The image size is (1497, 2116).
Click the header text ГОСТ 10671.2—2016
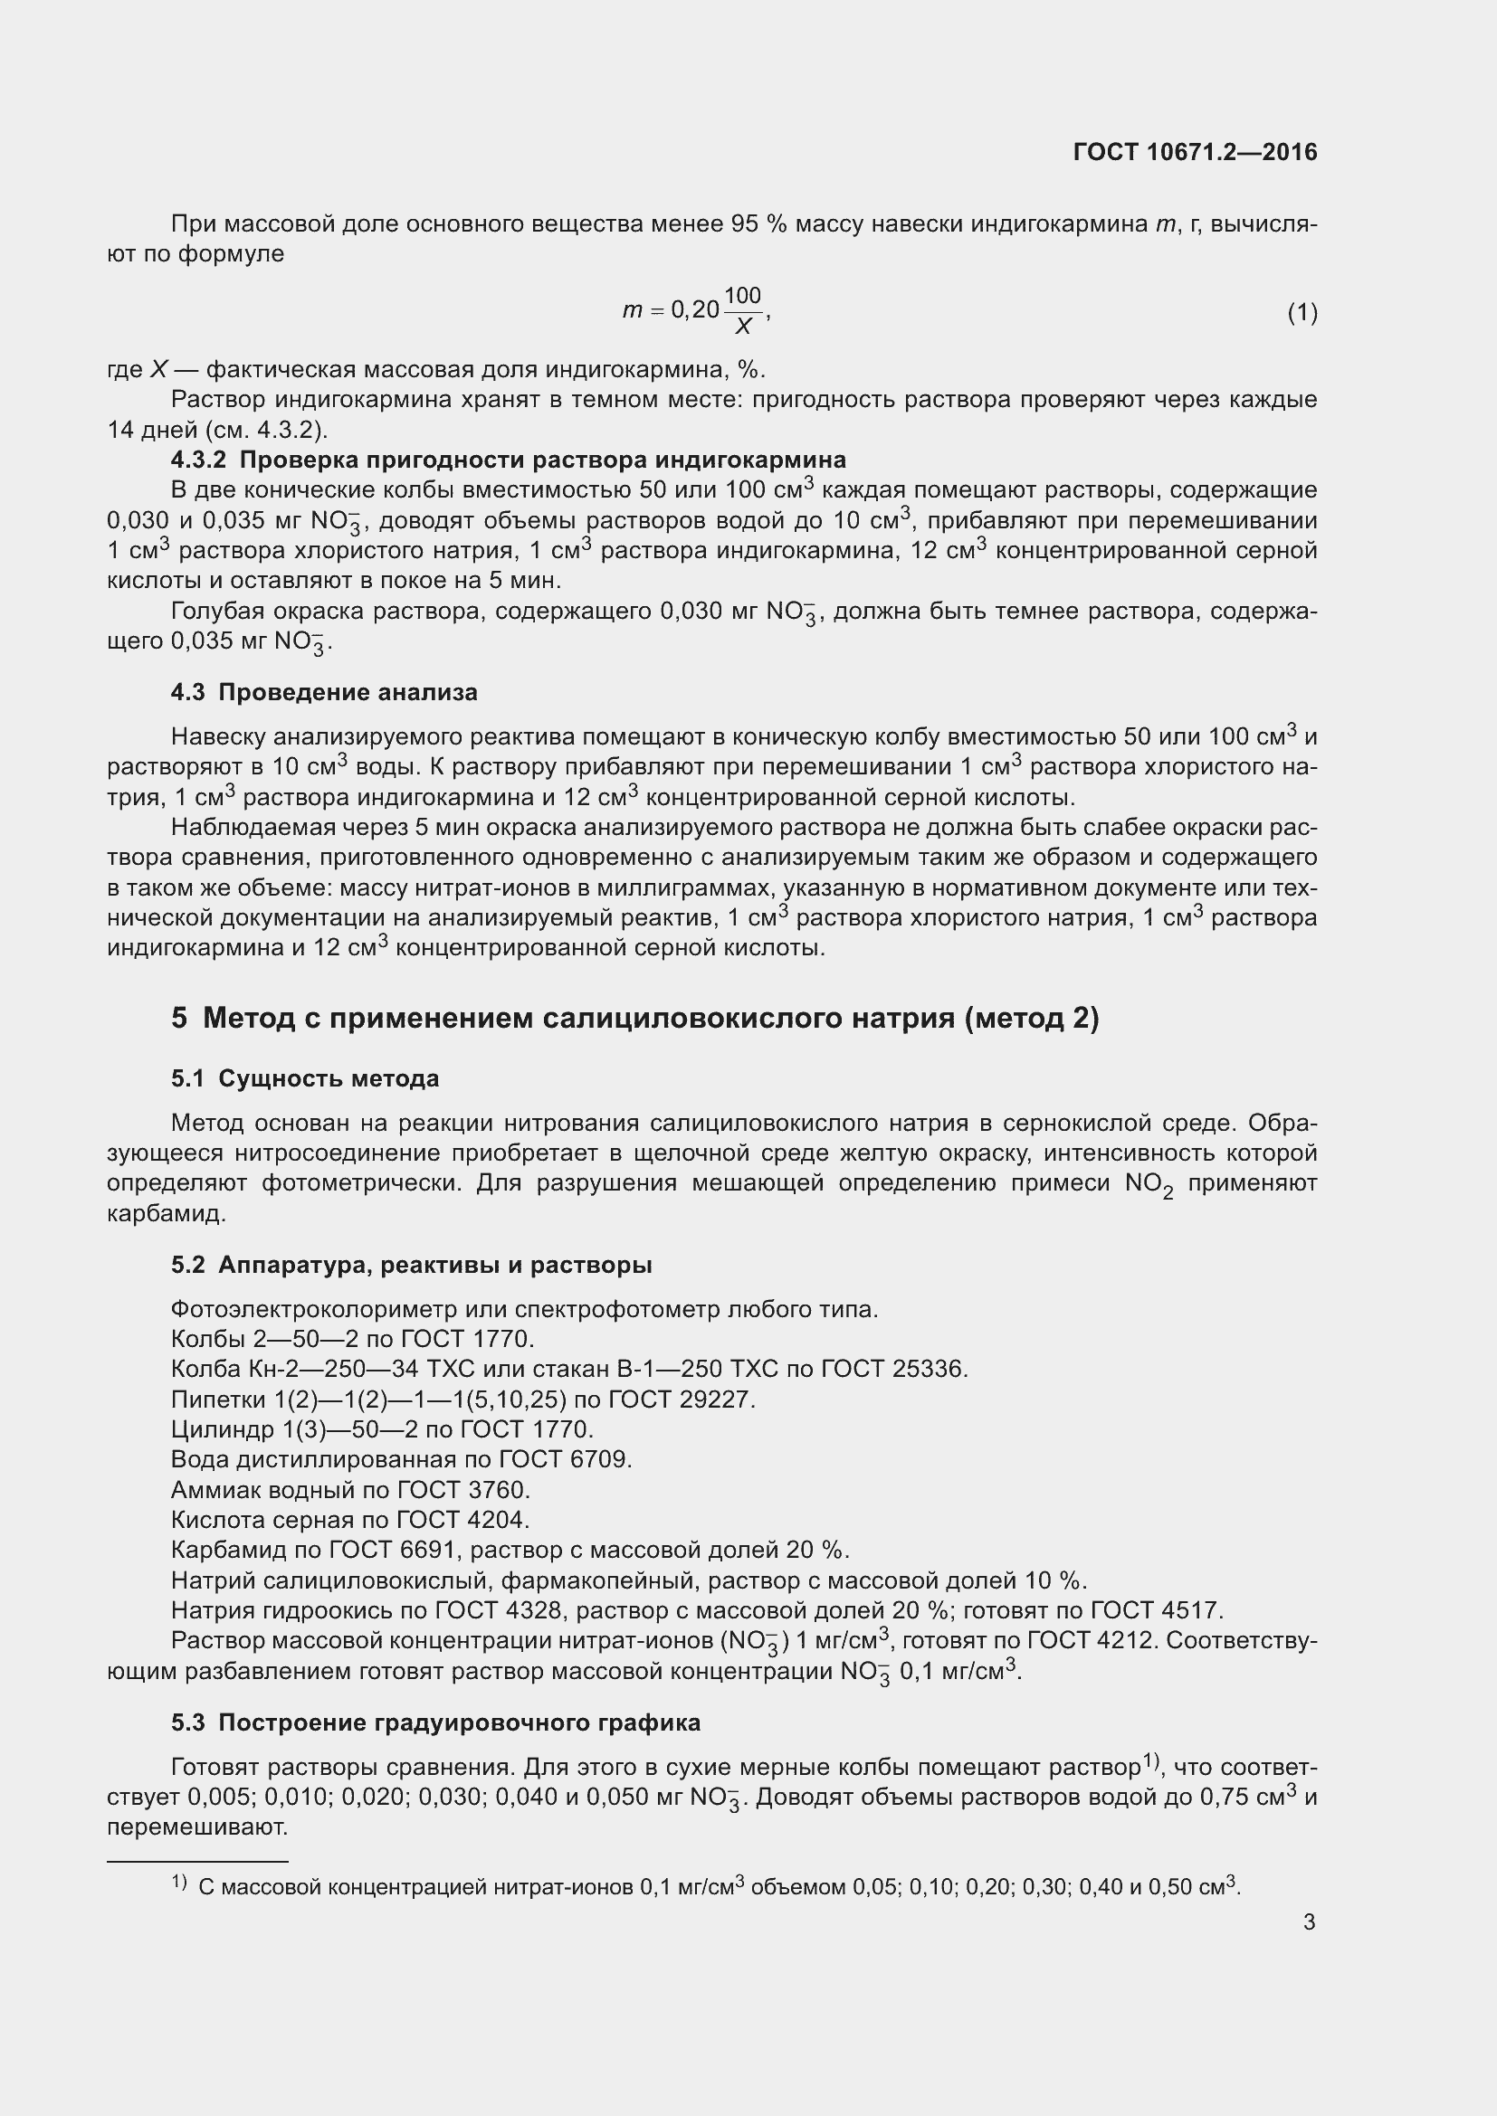(x=1195, y=152)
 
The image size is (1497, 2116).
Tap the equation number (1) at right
(x=1302, y=313)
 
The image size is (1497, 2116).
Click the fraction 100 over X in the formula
(x=742, y=310)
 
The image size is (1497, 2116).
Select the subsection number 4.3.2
(x=198, y=459)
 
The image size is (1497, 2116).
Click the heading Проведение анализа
(x=348, y=692)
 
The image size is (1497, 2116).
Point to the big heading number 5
(x=179, y=1019)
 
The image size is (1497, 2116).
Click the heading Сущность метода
(x=329, y=1078)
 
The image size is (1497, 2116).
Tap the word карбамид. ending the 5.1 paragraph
(x=166, y=1214)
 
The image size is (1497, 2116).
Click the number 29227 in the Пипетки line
(x=716, y=1400)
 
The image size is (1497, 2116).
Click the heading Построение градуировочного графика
(x=459, y=1722)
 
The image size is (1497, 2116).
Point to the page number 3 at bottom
(x=1309, y=1921)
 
